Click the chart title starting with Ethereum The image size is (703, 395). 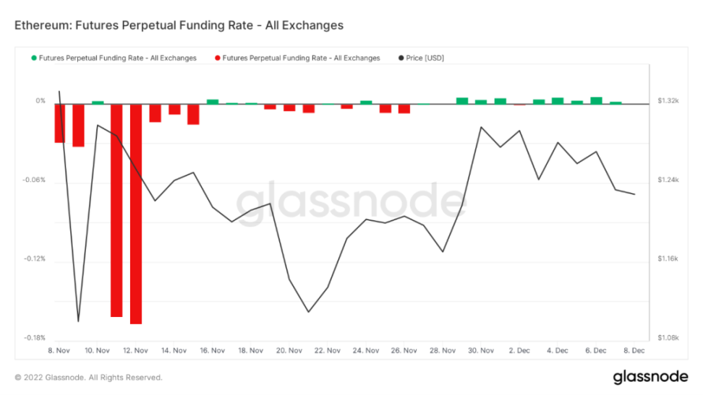click(179, 25)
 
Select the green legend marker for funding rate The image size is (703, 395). click(33, 58)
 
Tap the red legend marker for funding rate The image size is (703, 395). click(216, 58)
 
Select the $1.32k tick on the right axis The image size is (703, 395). click(668, 101)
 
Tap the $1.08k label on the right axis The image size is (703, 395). click(668, 337)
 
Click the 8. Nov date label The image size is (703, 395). click(58, 350)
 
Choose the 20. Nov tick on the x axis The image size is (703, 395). click(289, 350)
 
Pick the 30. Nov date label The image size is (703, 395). click(481, 350)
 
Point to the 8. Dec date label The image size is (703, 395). click(634, 350)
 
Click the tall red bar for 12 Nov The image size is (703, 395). click(136, 213)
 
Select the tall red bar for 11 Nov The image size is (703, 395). click(116, 209)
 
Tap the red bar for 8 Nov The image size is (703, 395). click(59, 123)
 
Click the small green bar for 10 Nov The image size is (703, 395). click(98, 103)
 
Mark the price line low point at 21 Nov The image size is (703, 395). click(309, 312)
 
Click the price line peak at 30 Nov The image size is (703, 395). click(481, 127)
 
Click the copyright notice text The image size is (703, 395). click(88, 377)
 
